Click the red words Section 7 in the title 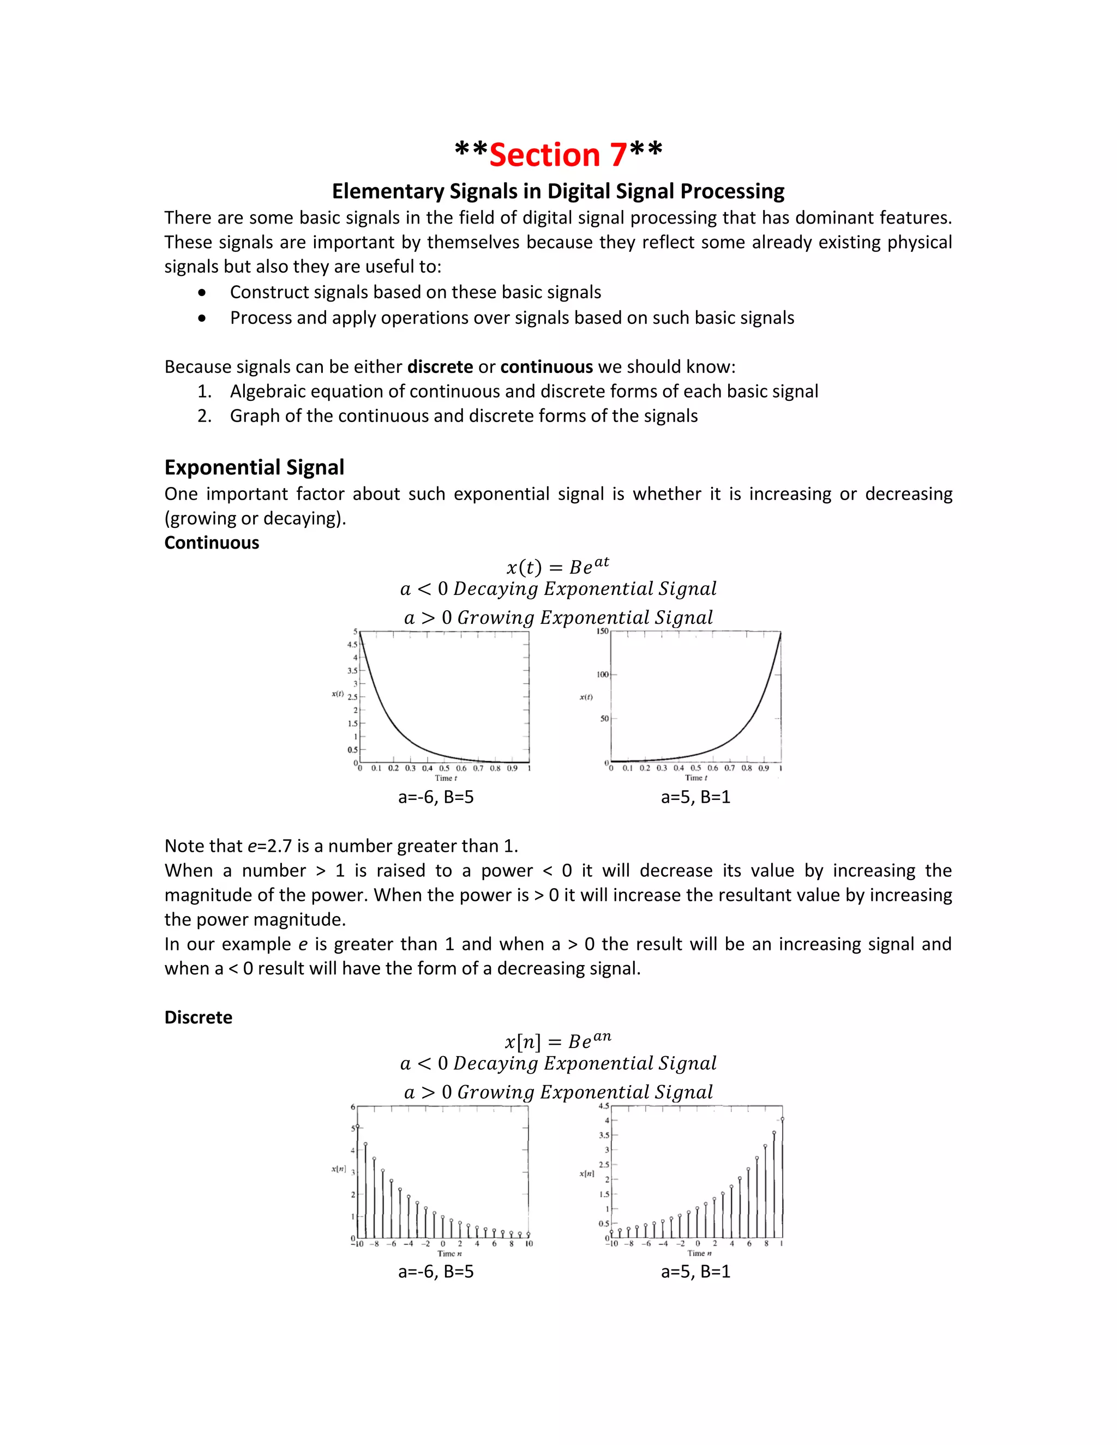[558, 155]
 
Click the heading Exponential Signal [254, 467]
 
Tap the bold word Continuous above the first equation [212, 543]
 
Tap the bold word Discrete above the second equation [199, 1017]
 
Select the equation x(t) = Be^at [557, 567]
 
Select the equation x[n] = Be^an [557, 1041]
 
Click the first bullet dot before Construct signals [202, 292]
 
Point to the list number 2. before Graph [205, 416]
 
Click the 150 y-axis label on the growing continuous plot [602, 631]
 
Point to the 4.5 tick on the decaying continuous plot [352, 645]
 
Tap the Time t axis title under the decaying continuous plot [446, 778]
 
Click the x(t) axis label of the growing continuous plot [586, 697]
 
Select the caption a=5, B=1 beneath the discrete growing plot [695, 1272]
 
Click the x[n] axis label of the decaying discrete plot [338, 1170]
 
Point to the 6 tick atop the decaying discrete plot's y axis [353, 1107]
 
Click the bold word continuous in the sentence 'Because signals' [547, 367]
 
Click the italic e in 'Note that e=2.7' [251, 846]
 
